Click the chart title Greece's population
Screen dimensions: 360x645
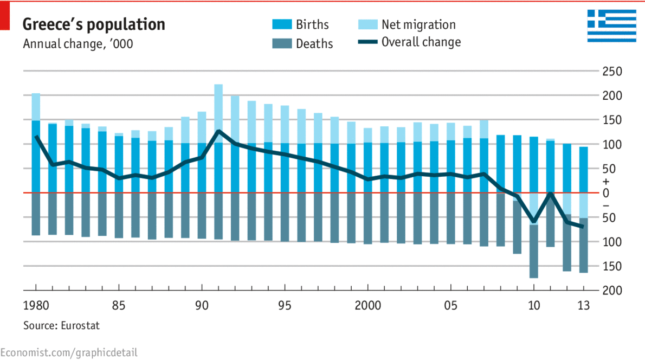[x=94, y=24]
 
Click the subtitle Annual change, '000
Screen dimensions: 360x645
[x=78, y=43]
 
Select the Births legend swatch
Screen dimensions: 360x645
[x=281, y=24]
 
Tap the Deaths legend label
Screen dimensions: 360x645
[x=314, y=44]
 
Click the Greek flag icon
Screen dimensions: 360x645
[x=612, y=25]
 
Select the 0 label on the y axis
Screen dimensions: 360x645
[x=605, y=193]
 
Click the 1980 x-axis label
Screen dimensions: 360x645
[x=36, y=305]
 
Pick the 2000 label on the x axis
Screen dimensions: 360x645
[x=367, y=305]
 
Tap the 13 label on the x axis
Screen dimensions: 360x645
[x=583, y=305]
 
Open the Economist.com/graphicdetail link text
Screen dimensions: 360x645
[x=69, y=352]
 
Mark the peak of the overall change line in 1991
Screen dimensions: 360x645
[x=218, y=131]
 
